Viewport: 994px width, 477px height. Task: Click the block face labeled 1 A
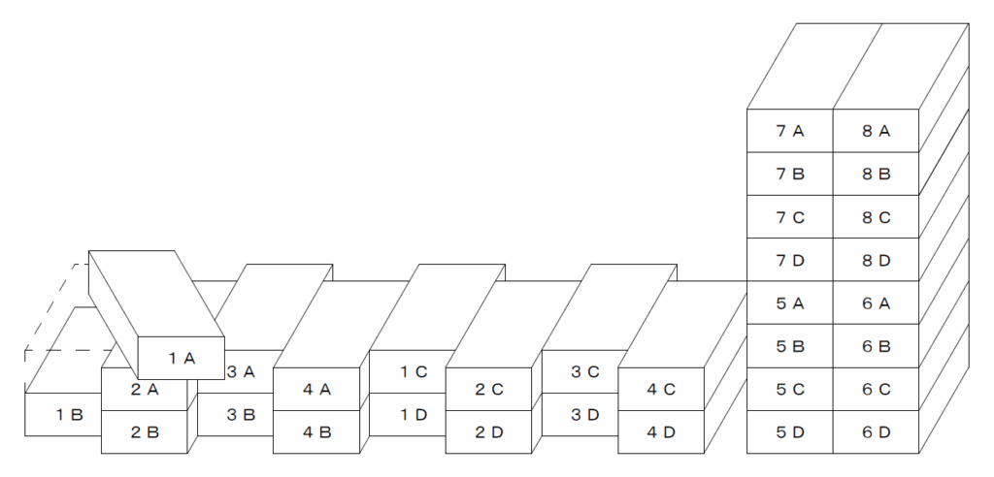click(182, 358)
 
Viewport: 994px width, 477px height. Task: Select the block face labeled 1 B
click(63, 414)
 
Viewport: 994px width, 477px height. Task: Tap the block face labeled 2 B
click(145, 432)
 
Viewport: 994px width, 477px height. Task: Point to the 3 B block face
click(235, 414)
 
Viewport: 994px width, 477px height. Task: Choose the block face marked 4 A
click(316, 389)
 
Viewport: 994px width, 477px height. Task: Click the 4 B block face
click(316, 432)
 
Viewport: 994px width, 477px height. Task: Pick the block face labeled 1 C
click(408, 372)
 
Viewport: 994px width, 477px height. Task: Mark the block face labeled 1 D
click(408, 414)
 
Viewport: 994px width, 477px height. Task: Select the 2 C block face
click(489, 389)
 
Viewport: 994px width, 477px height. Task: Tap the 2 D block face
click(489, 432)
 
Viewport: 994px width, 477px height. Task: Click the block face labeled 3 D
click(580, 414)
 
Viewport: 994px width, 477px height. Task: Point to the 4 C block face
click(661, 389)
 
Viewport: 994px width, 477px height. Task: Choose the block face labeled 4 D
click(661, 432)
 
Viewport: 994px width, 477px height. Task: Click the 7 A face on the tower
click(790, 131)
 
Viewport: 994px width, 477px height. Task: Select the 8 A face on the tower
click(877, 131)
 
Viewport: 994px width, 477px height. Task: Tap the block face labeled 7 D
click(790, 260)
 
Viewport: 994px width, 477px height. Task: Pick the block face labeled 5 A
click(790, 302)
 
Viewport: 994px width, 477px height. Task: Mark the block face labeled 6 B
click(877, 346)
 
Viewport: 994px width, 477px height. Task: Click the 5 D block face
click(790, 432)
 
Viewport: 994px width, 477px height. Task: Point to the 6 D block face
click(877, 432)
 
